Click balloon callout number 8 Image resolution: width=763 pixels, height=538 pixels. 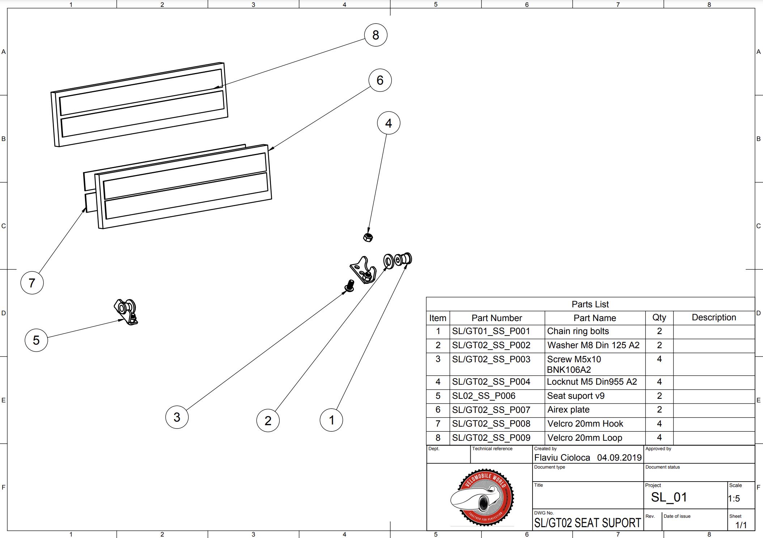376,35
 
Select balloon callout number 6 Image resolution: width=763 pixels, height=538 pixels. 380,80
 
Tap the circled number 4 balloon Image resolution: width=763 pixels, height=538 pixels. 389,123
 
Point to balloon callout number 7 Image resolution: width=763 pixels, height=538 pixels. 32,283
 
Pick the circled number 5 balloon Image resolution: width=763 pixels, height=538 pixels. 36,340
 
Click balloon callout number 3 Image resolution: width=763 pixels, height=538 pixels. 177,417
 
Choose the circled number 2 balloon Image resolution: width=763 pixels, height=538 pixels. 268,420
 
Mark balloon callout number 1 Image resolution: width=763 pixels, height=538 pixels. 331,420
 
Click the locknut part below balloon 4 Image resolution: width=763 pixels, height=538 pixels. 368,237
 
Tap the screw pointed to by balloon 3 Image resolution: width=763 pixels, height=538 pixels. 349,286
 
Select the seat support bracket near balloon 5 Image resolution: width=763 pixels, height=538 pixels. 126,311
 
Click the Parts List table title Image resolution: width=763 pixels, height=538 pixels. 590,304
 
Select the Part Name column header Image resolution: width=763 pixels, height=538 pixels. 594,318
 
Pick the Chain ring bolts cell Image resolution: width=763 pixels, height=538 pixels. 578,331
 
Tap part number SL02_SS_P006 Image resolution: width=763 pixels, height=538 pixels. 484,396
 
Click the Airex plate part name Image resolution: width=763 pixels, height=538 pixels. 568,410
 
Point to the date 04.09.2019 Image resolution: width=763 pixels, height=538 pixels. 619,458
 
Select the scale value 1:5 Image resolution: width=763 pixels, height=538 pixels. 734,499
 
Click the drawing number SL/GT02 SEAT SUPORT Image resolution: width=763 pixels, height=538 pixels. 588,523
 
